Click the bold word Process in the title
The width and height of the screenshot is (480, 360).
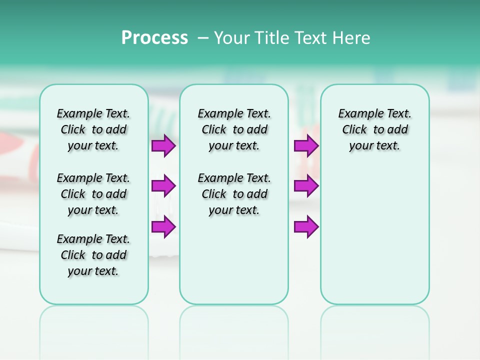point(154,37)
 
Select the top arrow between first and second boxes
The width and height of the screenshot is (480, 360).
point(163,145)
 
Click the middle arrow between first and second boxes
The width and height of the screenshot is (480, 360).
point(163,186)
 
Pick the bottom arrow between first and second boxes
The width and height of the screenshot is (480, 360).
point(163,226)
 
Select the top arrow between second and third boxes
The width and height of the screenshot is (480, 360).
point(306,145)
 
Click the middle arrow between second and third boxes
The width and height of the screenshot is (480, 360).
point(306,186)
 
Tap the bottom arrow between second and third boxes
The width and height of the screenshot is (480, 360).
point(306,226)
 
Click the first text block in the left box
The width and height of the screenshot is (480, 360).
point(93,129)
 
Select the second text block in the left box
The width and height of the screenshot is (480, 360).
point(93,194)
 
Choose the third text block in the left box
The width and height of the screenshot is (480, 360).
point(93,255)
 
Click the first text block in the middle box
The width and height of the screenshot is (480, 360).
point(234,129)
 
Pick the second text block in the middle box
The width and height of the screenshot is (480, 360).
point(234,194)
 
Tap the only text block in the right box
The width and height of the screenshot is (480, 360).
point(375,129)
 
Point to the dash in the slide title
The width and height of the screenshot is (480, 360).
point(203,38)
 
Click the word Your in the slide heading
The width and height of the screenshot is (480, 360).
point(232,37)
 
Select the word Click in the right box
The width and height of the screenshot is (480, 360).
point(354,130)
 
